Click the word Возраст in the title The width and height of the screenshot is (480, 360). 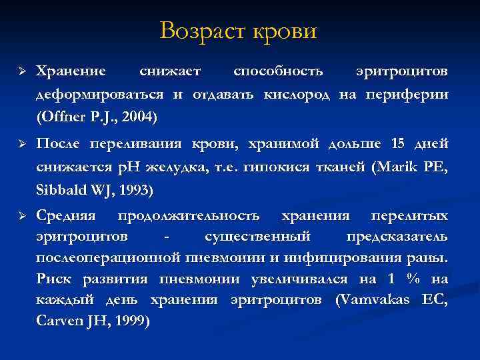[201, 31]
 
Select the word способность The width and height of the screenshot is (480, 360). [278, 70]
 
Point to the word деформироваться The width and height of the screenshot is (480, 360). [100, 93]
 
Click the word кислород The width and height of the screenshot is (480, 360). [299, 93]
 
